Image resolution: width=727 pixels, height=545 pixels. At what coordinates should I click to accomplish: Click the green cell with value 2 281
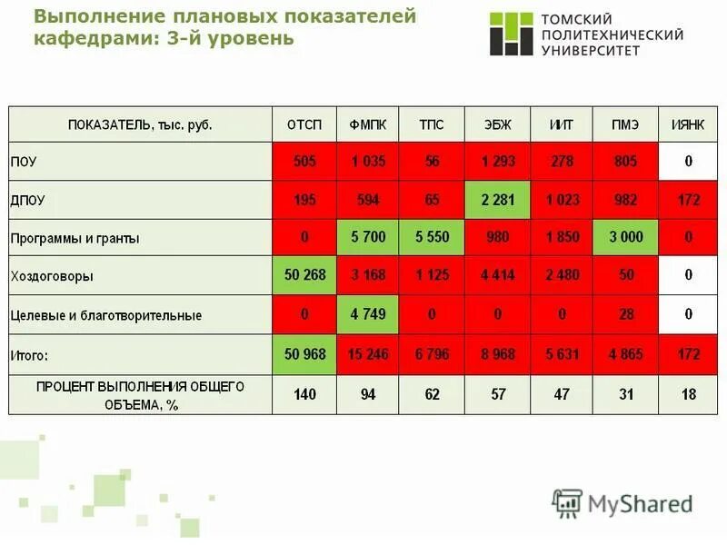[x=497, y=200]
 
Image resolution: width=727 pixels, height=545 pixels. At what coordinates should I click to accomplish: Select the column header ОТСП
[x=304, y=124]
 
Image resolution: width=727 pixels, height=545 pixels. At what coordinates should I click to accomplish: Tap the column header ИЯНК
[x=688, y=124]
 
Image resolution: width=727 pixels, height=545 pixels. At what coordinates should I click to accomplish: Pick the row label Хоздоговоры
[x=52, y=276]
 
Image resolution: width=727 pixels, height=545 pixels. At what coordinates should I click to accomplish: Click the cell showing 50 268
[x=304, y=275]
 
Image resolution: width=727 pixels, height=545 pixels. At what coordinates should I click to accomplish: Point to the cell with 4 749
[x=368, y=314]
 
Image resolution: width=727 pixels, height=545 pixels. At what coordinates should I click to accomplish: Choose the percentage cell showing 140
[x=304, y=395]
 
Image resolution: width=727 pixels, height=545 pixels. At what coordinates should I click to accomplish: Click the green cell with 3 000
[x=625, y=238]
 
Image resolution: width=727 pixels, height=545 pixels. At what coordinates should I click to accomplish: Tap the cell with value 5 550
[x=432, y=238]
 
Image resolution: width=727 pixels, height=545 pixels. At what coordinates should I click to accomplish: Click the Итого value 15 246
[x=368, y=354]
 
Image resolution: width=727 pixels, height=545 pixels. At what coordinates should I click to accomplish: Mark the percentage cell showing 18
[x=688, y=395]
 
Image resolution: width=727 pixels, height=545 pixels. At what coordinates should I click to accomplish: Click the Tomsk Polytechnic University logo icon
[x=511, y=34]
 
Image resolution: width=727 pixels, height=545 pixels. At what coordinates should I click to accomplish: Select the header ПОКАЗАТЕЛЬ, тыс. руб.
[x=140, y=124]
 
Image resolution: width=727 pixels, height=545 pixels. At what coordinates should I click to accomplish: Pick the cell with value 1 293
[x=497, y=162]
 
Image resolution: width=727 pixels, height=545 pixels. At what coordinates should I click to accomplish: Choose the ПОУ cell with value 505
[x=304, y=162]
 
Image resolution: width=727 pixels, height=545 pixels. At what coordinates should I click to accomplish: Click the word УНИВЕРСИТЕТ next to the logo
[x=592, y=50]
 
